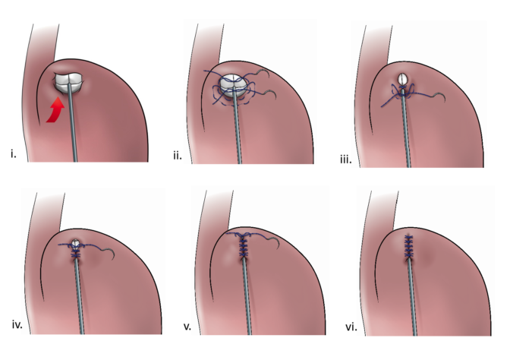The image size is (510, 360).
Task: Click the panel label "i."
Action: (x=14, y=154)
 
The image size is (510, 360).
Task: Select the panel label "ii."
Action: (x=178, y=156)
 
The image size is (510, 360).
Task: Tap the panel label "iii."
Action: (x=346, y=159)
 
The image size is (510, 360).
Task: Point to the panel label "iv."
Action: (x=17, y=324)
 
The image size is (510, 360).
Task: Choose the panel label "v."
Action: (x=187, y=327)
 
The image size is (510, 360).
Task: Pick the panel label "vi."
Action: (x=351, y=327)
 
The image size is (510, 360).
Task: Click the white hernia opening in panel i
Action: (x=69, y=82)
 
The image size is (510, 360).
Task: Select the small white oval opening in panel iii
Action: (x=403, y=79)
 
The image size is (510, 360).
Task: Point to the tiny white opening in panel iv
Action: (x=76, y=243)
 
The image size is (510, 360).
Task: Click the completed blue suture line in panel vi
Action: (x=408, y=246)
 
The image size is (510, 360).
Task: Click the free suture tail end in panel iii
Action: (x=382, y=106)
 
